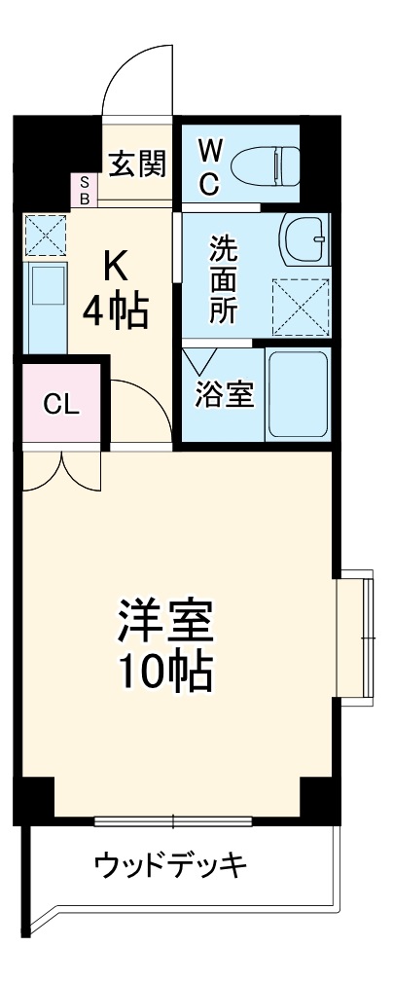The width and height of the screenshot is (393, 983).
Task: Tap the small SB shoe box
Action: pos(84,190)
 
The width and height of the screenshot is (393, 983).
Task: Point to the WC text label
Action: pos(209,165)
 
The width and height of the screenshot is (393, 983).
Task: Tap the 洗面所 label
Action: pos(223,279)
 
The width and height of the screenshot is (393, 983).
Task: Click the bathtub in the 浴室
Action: pos(298,394)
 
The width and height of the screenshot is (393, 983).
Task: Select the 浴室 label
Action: pos(225,394)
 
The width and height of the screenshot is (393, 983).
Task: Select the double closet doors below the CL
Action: pos(62,471)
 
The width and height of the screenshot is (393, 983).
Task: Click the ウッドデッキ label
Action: pos(172,863)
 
